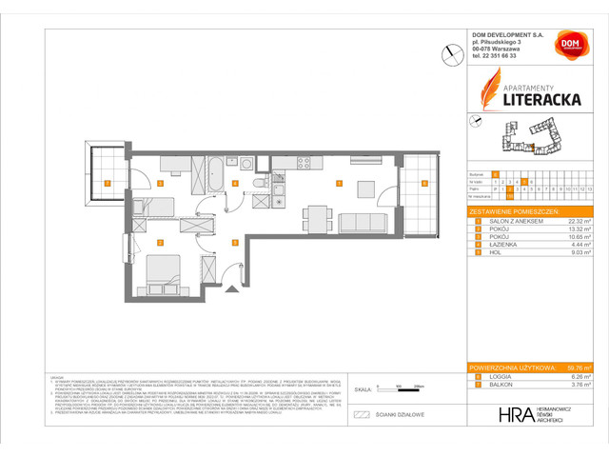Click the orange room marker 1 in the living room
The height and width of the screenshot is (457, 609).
(338, 183)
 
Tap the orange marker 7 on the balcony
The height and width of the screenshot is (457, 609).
(108, 183)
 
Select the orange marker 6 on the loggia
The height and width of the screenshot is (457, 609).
(424, 183)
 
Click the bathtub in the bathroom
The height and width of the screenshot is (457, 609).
(215, 174)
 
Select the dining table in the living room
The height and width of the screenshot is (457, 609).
(366, 187)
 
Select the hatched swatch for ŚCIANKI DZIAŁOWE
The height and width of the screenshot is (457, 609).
(361, 415)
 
